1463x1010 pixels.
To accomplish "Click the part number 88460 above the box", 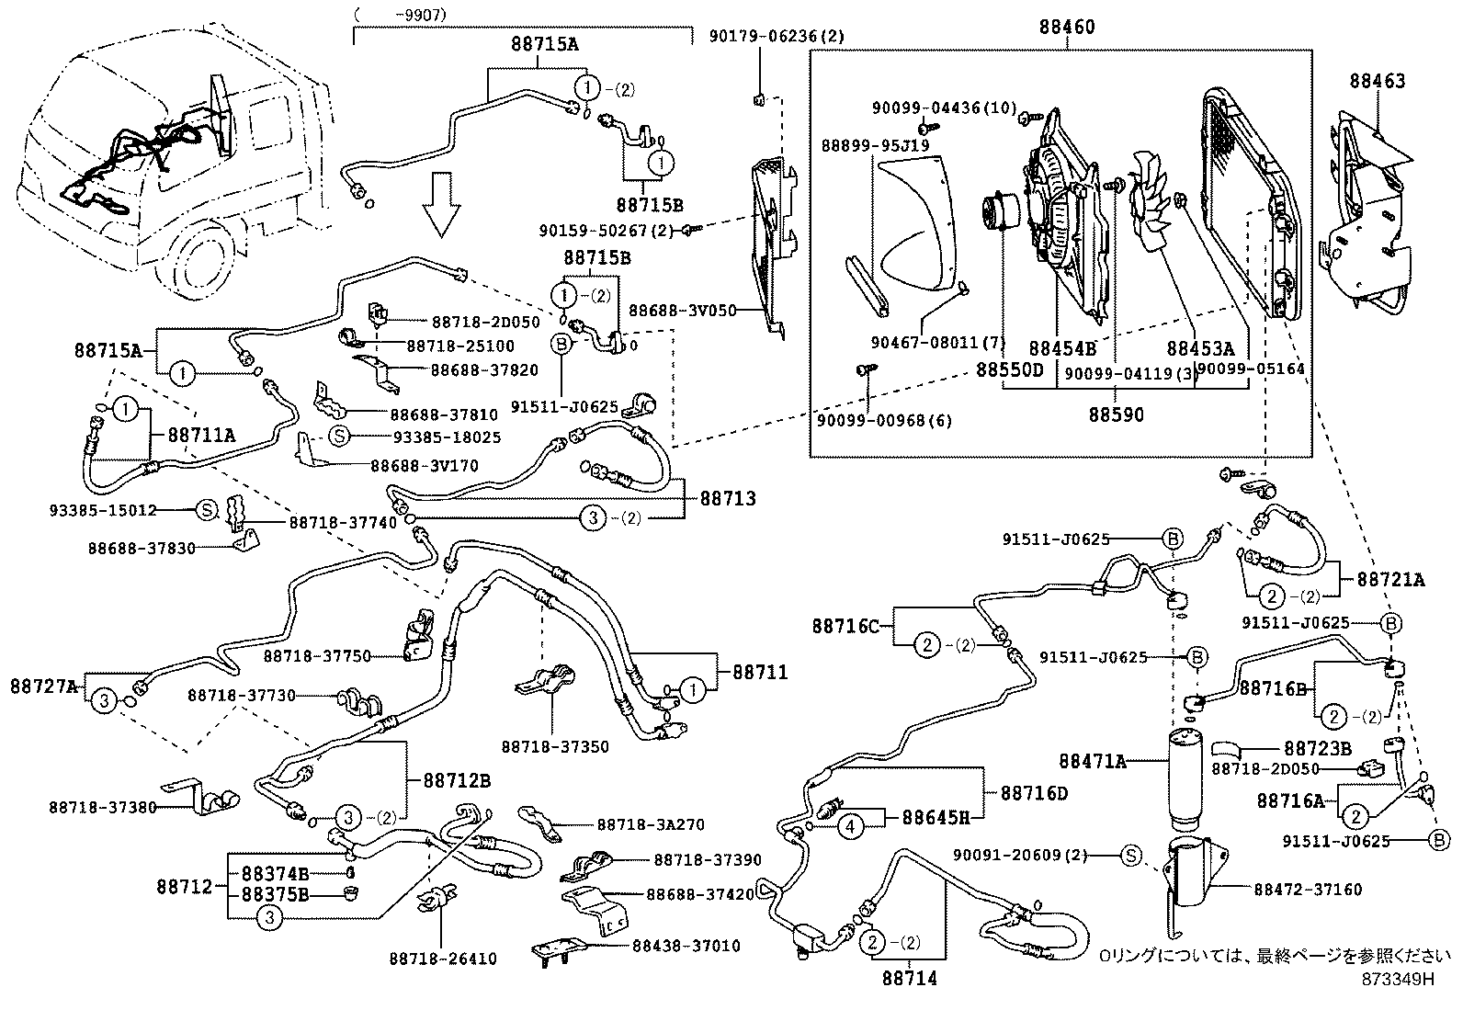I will click(1067, 28).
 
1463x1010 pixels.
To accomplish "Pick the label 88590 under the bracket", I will click(1117, 415).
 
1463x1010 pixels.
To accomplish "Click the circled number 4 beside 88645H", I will click(851, 826).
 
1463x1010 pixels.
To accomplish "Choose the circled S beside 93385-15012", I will click(206, 509).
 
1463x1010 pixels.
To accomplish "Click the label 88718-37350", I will click(555, 747).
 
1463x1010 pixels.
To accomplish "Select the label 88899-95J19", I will click(875, 145).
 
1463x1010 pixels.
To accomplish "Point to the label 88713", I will click(728, 499).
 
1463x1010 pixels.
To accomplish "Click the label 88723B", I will click(1317, 749).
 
